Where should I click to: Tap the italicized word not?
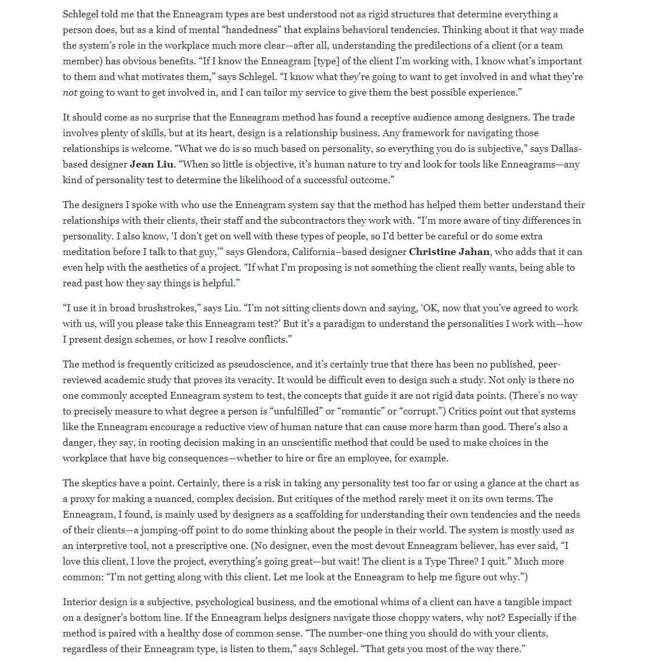tap(70, 92)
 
